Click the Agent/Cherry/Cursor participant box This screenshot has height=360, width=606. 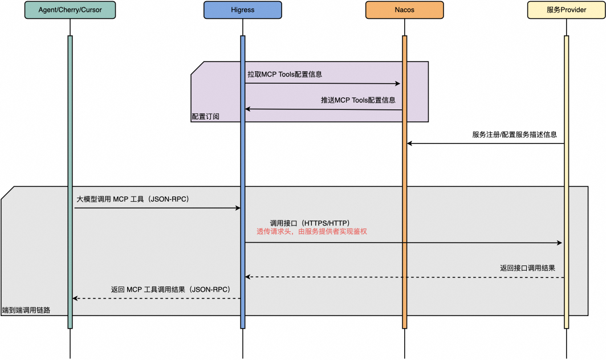[x=70, y=10]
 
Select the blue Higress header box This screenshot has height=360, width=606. [x=242, y=10]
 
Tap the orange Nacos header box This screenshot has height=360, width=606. [x=404, y=10]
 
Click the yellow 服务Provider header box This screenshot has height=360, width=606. [x=566, y=10]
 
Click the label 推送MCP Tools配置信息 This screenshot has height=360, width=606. [x=358, y=100]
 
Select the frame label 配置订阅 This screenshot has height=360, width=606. [x=205, y=116]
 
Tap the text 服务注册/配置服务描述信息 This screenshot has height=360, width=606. [x=514, y=134]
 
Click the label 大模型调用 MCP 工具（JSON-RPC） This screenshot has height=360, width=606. [x=133, y=199]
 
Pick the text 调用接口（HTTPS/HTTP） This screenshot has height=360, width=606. [x=310, y=223]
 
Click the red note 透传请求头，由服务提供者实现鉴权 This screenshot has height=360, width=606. [x=315, y=232]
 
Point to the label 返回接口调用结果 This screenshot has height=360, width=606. [x=527, y=268]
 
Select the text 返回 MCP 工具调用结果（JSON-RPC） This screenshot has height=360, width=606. [x=170, y=289]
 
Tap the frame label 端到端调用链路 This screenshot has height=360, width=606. [x=26, y=310]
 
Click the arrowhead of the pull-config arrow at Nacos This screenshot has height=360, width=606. [x=398, y=84]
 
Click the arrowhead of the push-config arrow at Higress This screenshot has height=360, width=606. [x=248, y=109]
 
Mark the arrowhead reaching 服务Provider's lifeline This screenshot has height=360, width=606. [x=560, y=243]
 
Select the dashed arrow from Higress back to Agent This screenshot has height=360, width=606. [x=157, y=298]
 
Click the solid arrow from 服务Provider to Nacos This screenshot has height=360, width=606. [x=485, y=144]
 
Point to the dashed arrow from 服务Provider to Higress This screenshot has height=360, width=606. [x=405, y=277]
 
